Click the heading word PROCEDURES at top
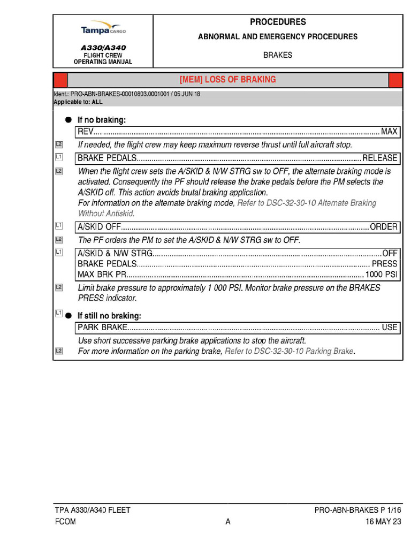(278, 22)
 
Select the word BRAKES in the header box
(278, 55)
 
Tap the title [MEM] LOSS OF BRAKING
(227, 80)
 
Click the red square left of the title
(60, 80)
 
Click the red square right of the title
(395, 80)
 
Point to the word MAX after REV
(389, 132)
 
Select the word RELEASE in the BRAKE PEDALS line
(380, 158)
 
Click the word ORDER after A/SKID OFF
(383, 227)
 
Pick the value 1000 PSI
(381, 274)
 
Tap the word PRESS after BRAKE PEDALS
(384, 264)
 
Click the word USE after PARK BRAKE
(389, 327)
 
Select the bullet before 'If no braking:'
(68, 120)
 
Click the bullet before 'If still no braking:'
(68, 316)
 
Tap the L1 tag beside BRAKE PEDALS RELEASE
(59, 157)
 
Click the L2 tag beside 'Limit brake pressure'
(59, 287)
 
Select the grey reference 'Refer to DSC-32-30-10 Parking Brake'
(290, 351)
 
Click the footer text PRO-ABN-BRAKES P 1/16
(357, 511)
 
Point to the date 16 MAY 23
(383, 522)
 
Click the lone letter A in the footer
(228, 522)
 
